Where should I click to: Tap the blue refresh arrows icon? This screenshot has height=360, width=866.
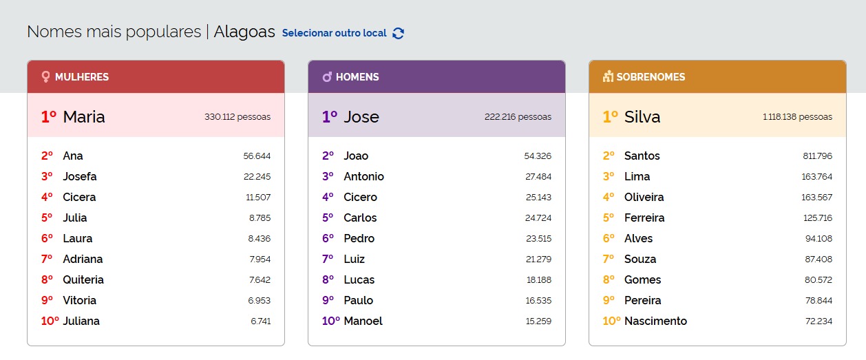[398, 33]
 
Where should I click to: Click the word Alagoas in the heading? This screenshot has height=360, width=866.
[244, 32]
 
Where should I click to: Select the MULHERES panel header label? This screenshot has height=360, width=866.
[82, 77]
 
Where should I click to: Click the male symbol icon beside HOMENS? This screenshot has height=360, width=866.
[327, 77]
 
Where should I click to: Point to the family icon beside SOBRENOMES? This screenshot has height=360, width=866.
[608, 77]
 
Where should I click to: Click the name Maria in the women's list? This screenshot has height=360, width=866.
[84, 117]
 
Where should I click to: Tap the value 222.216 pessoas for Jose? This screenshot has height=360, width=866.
[518, 117]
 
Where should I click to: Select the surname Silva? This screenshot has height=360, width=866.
[642, 117]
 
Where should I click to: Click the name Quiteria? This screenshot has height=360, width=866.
[83, 279]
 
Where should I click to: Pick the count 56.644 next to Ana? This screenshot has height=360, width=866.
[257, 156]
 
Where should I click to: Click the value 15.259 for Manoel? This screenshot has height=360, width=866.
[538, 321]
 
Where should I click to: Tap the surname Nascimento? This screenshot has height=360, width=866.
[655, 321]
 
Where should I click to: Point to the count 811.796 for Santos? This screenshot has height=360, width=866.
[817, 156]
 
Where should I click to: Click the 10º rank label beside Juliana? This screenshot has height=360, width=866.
[50, 321]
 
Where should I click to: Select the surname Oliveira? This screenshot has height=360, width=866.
[644, 197]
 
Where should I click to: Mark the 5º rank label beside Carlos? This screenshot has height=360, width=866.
[328, 218]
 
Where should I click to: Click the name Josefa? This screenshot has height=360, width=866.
[80, 176]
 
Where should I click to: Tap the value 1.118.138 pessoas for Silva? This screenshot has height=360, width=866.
[797, 117]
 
